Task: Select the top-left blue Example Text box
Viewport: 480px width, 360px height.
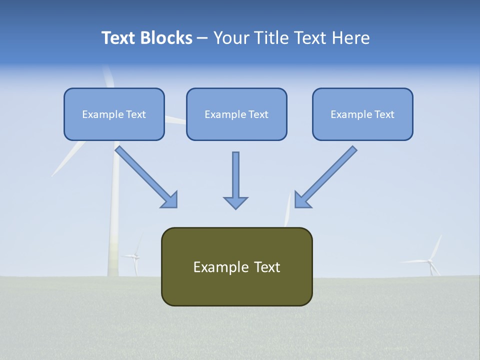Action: (x=114, y=114)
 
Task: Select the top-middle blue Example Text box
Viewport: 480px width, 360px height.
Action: (x=236, y=114)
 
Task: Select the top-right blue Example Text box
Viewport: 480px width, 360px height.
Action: (x=362, y=114)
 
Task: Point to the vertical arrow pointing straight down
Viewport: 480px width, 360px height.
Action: (x=235, y=177)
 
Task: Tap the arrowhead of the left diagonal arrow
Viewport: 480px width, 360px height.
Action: (x=170, y=200)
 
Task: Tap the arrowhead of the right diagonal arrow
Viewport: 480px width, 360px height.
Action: (x=302, y=200)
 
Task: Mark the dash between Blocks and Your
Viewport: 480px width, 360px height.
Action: (x=202, y=38)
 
